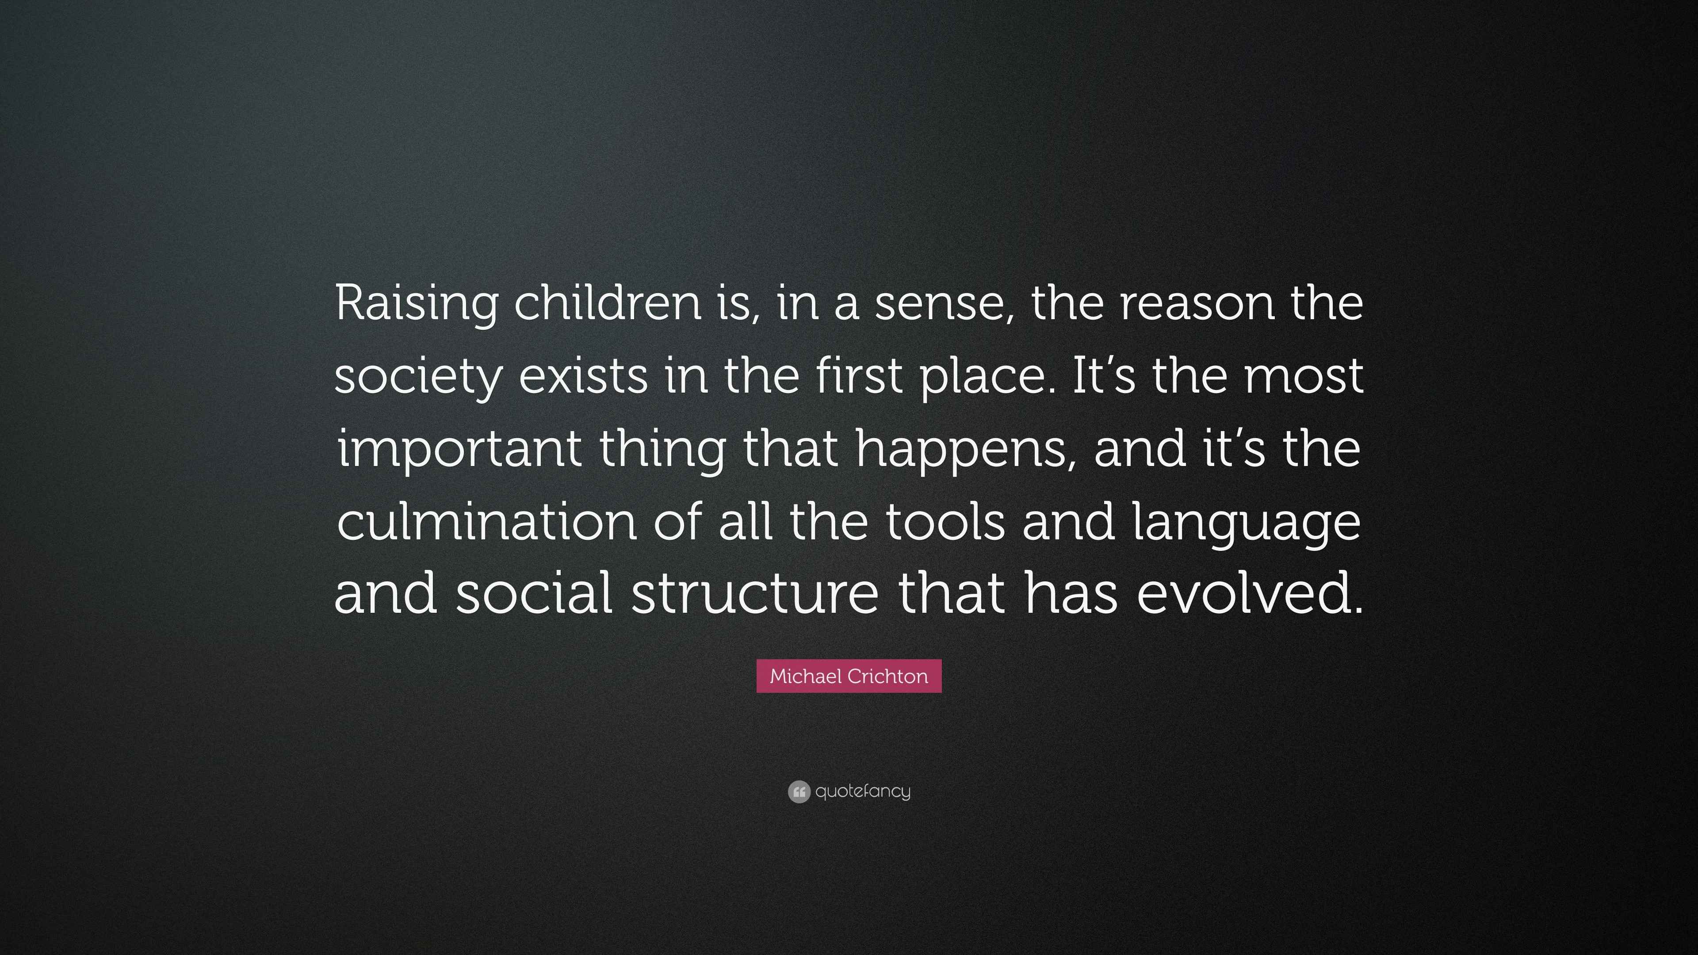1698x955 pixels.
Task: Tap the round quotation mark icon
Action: coord(798,791)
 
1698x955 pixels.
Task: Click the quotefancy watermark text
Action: coord(862,791)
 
